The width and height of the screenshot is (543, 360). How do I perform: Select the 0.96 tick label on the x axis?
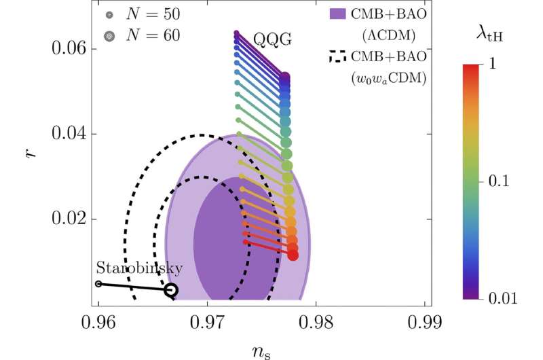point(98,321)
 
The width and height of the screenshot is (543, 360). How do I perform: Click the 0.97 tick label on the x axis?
point(208,321)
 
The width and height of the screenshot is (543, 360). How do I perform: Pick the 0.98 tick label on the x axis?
point(316,321)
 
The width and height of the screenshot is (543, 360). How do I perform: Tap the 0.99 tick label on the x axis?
point(425,321)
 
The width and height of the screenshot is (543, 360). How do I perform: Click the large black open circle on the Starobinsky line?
point(171,290)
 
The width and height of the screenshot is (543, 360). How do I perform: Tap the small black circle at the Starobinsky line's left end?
point(98,284)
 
